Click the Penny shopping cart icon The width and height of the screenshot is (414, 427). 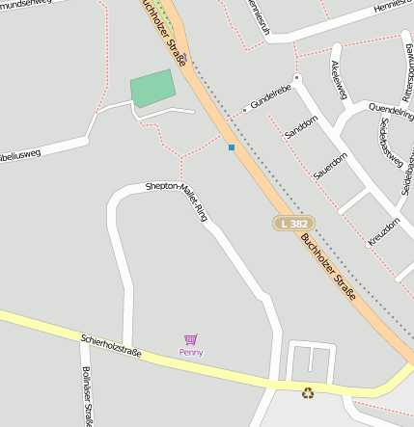click(x=191, y=339)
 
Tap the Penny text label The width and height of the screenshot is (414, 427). click(x=191, y=353)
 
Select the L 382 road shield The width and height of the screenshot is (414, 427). click(x=293, y=224)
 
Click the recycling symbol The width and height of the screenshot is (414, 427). click(x=308, y=392)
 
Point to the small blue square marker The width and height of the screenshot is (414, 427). click(x=232, y=147)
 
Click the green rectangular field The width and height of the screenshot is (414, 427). click(x=153, y=88)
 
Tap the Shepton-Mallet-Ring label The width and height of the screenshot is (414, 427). click(x=176, y=199)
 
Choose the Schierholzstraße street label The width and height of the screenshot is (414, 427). click(x=111, y=346)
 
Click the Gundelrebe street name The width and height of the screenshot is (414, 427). click(x=271, y=97)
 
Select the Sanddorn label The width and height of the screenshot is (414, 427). click(x=302, y=126)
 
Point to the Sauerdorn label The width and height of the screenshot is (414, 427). click(x=330, y=166)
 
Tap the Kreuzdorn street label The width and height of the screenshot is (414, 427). click(x=383, y=225)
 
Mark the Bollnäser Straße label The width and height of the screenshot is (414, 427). click(x=88, y=395)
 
